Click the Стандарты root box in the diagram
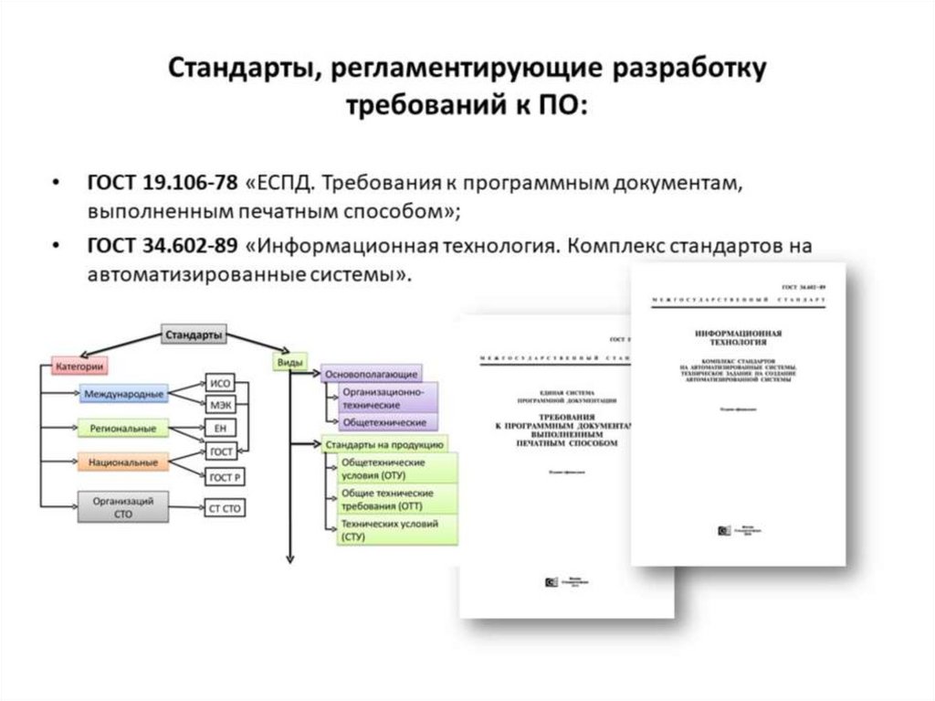coord(194,335)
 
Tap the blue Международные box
coord(124,395)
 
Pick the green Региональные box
coord(123,428)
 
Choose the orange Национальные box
coord(123,462)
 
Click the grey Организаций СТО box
coord(122,507)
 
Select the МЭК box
coord(219,405)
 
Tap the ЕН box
coord(219,428)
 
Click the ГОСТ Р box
coord(224,477)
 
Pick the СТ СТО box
coord(226,508)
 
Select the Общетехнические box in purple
coord(383,423)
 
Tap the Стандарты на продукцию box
coord(383,445)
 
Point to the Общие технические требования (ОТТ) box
coord(386,498)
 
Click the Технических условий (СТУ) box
coord(388,530)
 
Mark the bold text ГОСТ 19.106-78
coord(163,183)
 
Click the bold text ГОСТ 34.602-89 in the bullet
coord(163,247)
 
